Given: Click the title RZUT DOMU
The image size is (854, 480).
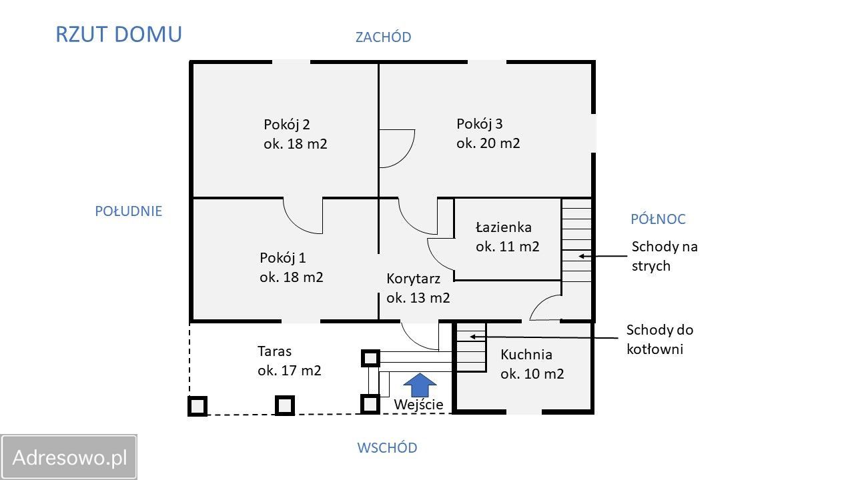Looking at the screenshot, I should coord(118,35).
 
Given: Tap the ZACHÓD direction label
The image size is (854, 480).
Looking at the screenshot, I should coord(383,37).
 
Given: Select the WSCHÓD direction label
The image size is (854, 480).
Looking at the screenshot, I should coord(387,448).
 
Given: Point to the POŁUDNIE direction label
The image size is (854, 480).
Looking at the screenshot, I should coord(129,211).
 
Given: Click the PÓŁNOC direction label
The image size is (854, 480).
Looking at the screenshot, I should coord(658,219).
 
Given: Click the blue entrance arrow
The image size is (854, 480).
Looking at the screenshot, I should coord(420,385).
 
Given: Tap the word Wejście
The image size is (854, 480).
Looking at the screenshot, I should coord(418,405).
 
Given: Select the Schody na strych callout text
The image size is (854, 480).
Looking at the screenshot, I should coord(665,257).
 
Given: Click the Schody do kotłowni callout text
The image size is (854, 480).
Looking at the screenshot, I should coord(660,339).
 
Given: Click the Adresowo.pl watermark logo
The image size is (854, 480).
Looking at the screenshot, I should coord(69,457).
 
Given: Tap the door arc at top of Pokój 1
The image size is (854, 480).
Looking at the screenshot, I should coord(304,216).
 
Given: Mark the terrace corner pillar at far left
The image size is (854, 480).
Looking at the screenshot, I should coord(197,405).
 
